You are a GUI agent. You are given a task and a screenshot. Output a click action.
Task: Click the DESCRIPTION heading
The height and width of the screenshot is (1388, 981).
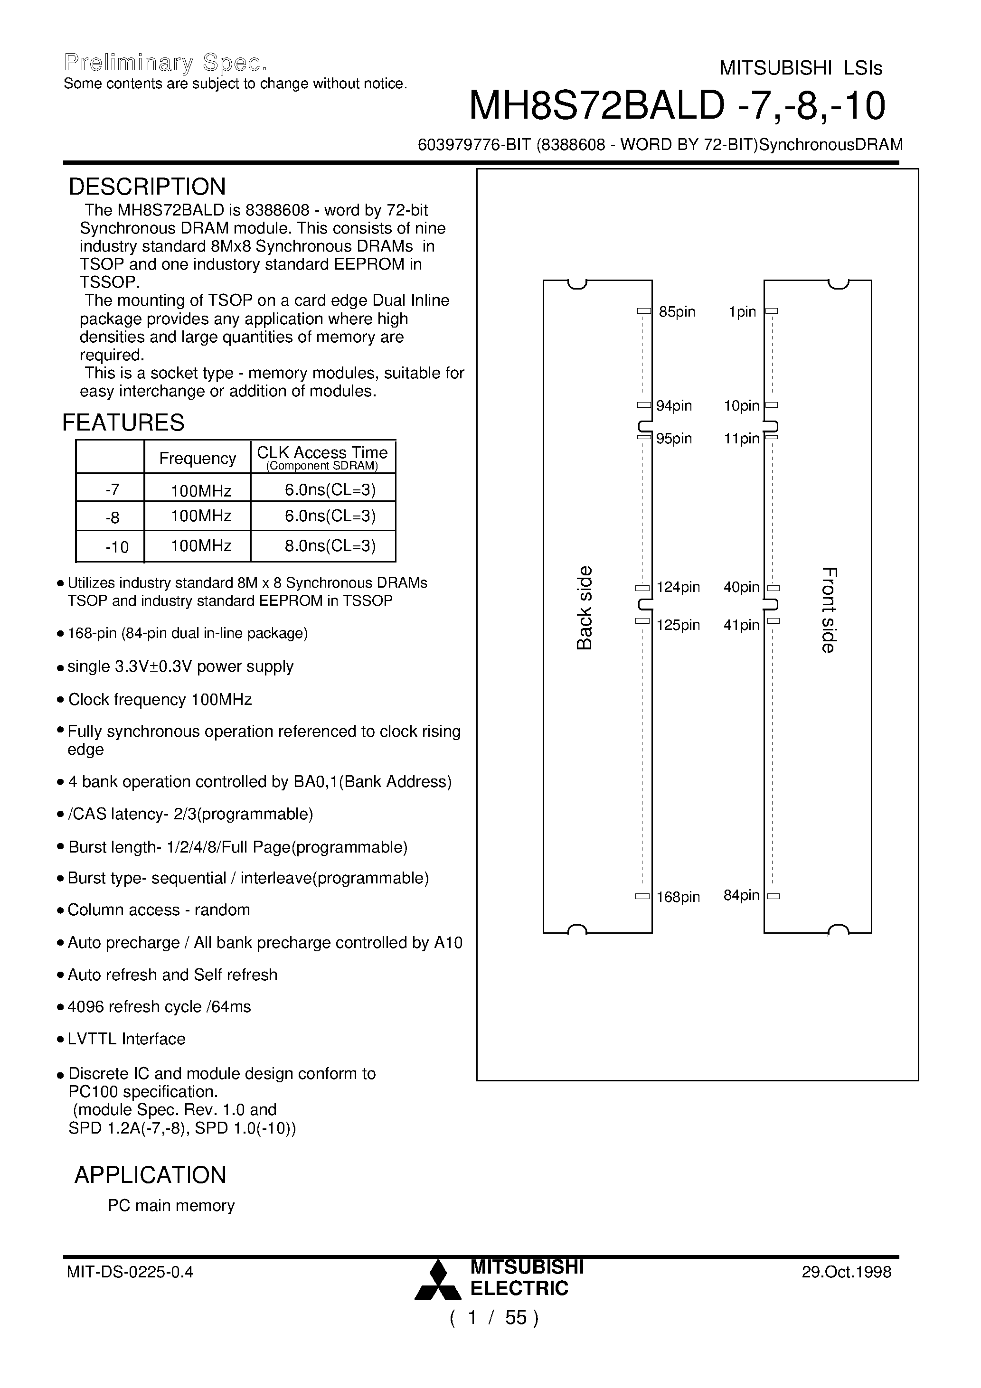[147, 187]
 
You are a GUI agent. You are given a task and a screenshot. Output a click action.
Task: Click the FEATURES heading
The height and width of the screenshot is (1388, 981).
[123, 422]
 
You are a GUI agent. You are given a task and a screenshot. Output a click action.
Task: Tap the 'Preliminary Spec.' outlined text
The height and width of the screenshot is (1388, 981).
[166, 63]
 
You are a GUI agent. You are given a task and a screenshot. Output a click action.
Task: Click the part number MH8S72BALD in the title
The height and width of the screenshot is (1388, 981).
[596, 106]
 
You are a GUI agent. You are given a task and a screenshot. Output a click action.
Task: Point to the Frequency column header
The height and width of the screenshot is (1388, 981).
[197, 459]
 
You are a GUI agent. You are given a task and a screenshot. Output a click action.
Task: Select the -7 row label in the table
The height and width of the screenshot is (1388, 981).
[112, 490]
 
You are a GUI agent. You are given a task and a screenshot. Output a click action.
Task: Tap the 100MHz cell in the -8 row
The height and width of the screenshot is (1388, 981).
[201, 516]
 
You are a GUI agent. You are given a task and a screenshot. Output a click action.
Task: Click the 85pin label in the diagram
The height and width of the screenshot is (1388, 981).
[677, 312]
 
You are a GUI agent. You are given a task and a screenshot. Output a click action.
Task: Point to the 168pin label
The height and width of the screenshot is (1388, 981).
[678, 897]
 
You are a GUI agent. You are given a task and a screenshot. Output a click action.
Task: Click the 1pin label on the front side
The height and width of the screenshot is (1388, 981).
[742, 312]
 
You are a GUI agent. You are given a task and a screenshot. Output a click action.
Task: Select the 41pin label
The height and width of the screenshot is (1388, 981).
[741, 625]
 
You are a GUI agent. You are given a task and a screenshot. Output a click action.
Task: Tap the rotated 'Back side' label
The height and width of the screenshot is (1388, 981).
[584, 608]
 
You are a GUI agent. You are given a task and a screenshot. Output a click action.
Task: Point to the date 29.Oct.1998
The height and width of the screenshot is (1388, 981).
[846, 1272]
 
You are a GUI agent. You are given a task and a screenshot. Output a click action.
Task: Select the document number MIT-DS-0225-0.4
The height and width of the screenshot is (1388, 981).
[130, 1272]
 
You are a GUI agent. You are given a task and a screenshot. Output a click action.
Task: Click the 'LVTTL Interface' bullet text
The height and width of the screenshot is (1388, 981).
[126, 1039]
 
